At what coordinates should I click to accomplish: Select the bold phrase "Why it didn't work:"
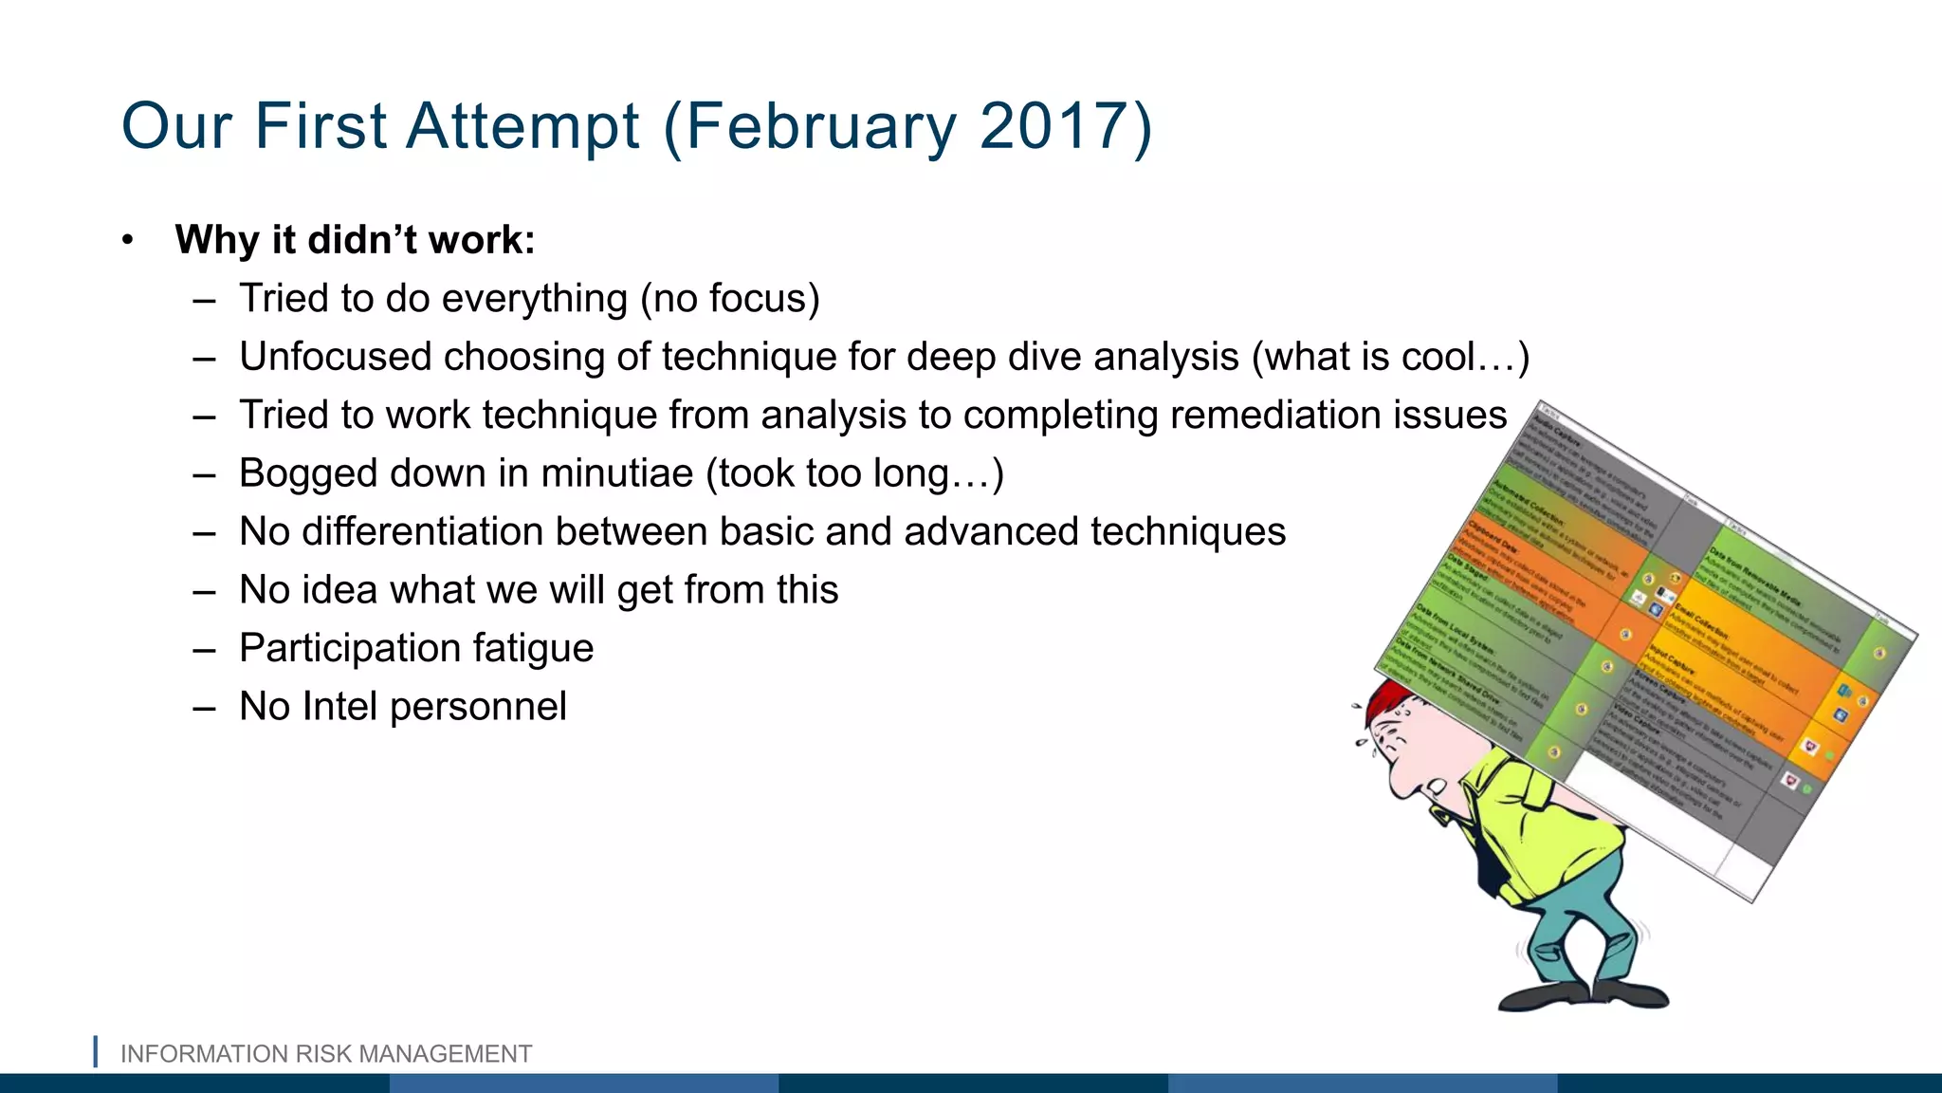pos(355,240)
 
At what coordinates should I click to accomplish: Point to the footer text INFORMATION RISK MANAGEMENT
pos(326,1054)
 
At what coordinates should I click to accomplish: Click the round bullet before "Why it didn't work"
pos(128,241)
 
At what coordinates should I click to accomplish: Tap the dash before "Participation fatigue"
pos(204,650)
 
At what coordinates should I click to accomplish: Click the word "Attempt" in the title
pos(522,126)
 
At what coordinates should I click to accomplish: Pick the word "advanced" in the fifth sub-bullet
pos(990,531)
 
